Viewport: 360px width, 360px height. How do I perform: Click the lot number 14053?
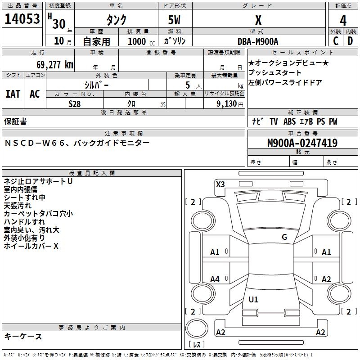22,20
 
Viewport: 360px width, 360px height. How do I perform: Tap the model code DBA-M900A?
258,41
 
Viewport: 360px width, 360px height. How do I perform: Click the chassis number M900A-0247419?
302,143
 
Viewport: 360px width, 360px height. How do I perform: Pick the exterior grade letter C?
336,41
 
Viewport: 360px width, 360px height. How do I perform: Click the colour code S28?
74,104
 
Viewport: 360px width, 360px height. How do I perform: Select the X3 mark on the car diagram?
220,184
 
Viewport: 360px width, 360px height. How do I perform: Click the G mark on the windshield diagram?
284,237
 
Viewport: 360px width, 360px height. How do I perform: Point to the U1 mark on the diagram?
253,300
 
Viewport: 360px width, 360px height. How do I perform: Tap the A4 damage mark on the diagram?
215,279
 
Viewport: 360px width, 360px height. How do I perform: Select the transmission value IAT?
13,94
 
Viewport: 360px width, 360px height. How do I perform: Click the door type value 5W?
175,20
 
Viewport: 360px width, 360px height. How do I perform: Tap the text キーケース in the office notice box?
23,336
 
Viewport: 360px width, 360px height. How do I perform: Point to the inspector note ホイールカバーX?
31,246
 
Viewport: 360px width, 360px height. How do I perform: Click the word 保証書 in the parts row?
15,121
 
